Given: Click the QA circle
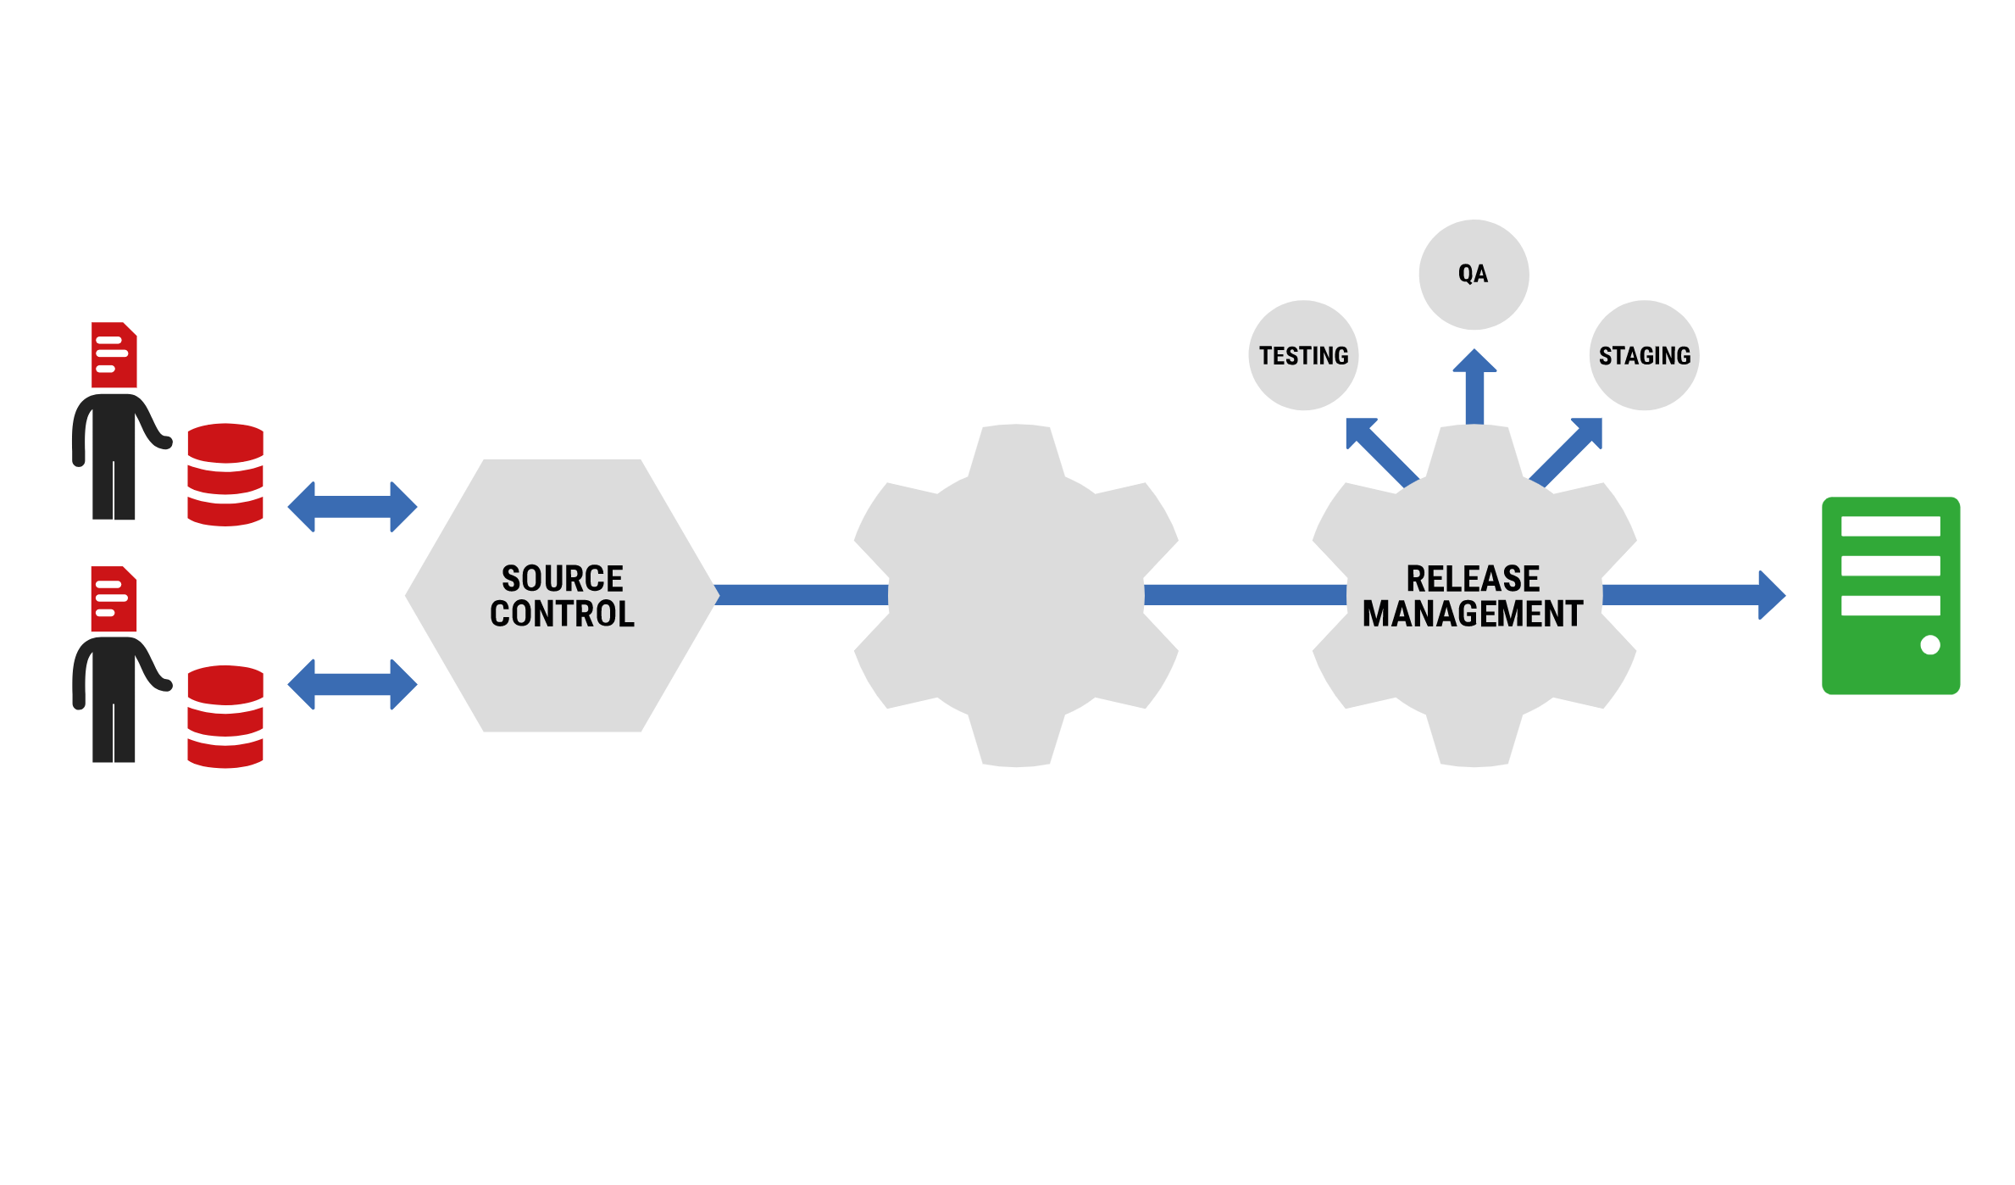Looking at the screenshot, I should pyautogui.click(x=1474, y=275).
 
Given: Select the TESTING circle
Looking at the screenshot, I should pyautogui.click(x=1303, y=355).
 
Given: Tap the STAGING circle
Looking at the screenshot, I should pyautogui.click(x=1644, y=355).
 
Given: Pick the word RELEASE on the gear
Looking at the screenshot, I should pyautogui.click(x=1473, y=579).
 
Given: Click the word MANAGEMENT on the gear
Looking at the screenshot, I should pyautogui.click(x=1473, y=614).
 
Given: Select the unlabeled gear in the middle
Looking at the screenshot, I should pyautogui.click(x=1016, y=595).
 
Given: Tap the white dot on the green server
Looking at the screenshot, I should pyautogui.click(x=1930, y=645).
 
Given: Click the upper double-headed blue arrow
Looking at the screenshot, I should pyautogui.click(x=352, y=507).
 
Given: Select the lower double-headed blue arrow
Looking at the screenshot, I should pyautogui.click(x=352, y=684).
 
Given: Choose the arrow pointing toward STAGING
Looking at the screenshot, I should pyautogui.click(x=1569, y=450).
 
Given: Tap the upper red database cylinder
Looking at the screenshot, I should pyautogui.click(x=225, y=475).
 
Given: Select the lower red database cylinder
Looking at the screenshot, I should pyautogui.click(x=225, y=717).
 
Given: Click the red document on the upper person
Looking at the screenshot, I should pyautogui.click(x=114, y=354).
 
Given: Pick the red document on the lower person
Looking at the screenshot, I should pyautogui.click(x=114, y=598).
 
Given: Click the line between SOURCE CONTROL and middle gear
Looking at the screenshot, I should pyautogui.click(x=802, y=595).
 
